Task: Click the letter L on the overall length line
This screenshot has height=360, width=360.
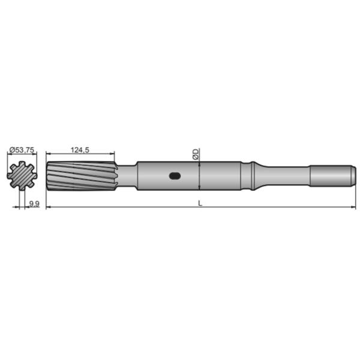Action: pos(200,203)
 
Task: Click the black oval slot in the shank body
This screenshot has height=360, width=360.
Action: pos(175,176)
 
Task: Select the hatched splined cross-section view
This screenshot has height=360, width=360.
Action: pos(22,176)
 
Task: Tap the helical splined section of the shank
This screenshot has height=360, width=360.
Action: pos(81,176)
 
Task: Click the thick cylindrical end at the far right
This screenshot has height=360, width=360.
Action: pos(330,176)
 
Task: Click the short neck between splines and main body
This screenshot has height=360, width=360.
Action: pos(127,176)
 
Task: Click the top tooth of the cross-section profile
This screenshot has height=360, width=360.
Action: pos(22,164)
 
